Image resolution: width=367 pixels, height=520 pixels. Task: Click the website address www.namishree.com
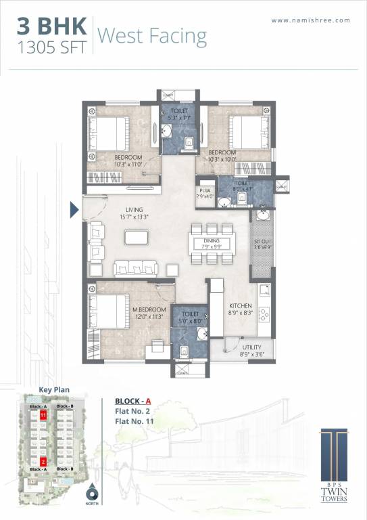[311, 20]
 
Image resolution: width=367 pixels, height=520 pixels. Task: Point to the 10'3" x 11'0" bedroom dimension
[127, 164]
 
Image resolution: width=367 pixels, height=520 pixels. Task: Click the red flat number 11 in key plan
[43, 414]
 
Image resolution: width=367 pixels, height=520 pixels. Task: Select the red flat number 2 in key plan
[43, 462]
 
